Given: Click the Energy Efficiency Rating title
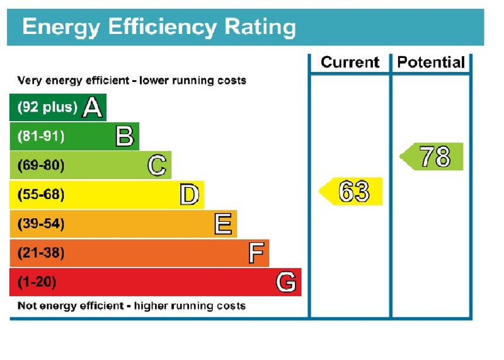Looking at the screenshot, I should (159, 27).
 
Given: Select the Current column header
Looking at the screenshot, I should (350, 62).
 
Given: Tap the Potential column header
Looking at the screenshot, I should (431, 62).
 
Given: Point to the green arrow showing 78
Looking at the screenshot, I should (433, 157).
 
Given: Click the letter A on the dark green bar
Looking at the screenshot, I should (93, 107).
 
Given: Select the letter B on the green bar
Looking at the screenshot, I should (125, 136).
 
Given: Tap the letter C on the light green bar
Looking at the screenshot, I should (157, 166).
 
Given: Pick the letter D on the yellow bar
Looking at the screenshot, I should (190, 195).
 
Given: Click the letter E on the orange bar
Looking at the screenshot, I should (222, 224).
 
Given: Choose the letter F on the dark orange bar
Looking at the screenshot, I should (255, 253).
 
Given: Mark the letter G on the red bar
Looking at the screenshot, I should (286, 282).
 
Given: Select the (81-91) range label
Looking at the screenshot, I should (40, 136).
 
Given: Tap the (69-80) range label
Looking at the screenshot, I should (40, 166).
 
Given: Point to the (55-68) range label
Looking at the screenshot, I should (40, 195).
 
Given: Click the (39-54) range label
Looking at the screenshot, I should (40, 224).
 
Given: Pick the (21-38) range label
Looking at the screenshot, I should (40, 253).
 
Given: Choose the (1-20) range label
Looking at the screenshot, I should (37, 282).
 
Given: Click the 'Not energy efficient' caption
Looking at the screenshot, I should (131, 306).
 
